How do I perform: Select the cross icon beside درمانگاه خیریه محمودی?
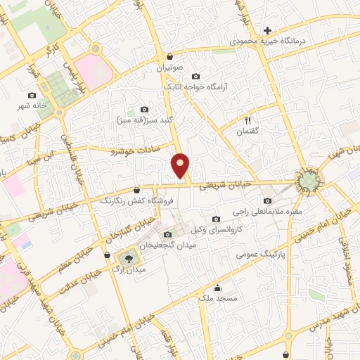tap(267, 30)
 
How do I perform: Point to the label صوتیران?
tap(169, 69)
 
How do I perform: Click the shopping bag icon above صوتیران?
tap(169, 57)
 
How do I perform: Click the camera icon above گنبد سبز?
tap(145, 109)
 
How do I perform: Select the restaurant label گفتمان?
tap(249, 131)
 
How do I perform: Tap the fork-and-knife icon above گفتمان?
tap(248, 120)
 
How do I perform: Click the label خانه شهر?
tap(33, 106)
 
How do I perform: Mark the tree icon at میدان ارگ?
tap(127, 258)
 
